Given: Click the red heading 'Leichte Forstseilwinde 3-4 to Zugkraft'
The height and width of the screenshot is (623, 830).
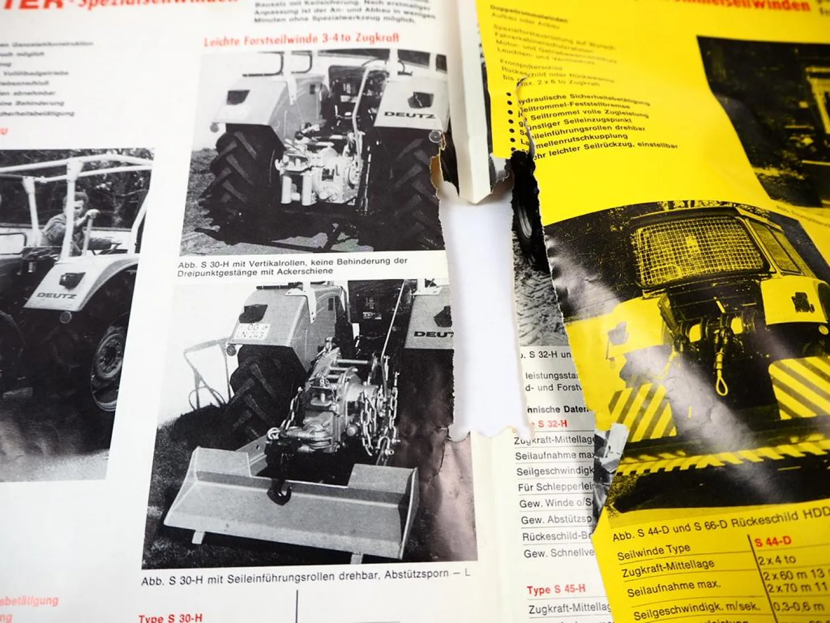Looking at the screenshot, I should click(x=302, y=39).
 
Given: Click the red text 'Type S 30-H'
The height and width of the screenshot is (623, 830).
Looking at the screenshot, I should click(x=170, y=617).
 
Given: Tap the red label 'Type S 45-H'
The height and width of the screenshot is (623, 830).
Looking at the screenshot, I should click(x=556, y=589).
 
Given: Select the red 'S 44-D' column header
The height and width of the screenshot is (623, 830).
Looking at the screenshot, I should click(x=773, y=541).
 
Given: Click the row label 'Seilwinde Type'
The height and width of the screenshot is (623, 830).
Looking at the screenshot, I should click(x=653, y=552).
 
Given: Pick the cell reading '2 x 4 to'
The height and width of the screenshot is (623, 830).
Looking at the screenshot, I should click(x=777, y=559).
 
